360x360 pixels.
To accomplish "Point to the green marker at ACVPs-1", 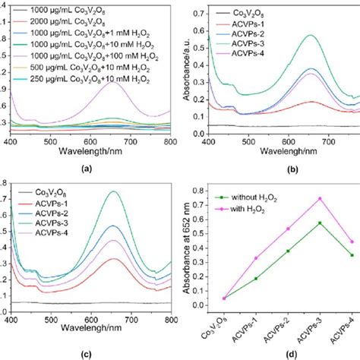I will tap(254, 279).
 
